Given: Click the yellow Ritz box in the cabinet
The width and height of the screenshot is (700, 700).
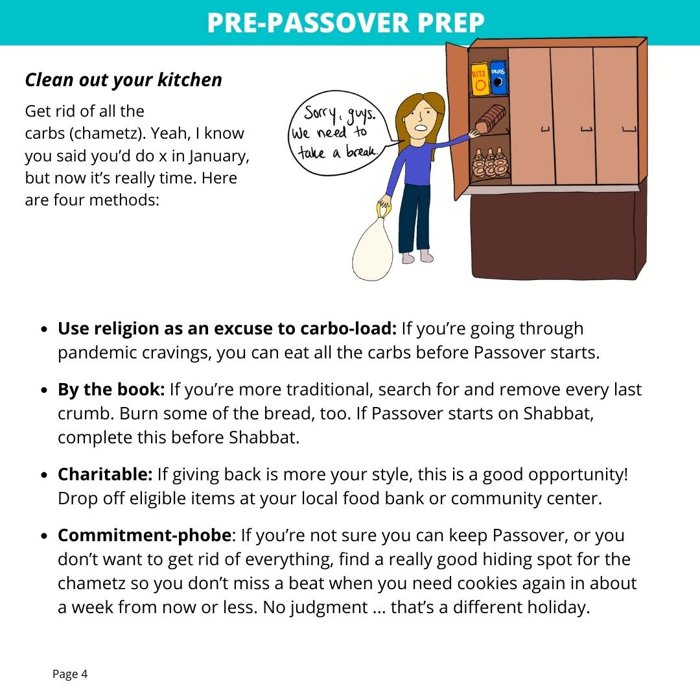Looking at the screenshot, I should (478, 78).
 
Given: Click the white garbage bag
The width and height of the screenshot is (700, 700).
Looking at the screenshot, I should (372, 248).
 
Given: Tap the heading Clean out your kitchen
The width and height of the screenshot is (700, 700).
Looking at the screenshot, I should (123, 80).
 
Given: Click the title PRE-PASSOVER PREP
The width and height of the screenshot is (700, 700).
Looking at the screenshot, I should (345, 23).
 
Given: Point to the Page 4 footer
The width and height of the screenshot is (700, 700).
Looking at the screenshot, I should (70, 674).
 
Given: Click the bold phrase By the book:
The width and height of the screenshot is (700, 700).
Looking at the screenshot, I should (111, 390).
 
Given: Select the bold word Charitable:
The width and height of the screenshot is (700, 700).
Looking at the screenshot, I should (105, 474).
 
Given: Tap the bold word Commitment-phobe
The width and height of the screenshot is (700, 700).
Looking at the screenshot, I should (144, 535).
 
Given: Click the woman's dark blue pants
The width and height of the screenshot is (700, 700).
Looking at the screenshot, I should (415, 217).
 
